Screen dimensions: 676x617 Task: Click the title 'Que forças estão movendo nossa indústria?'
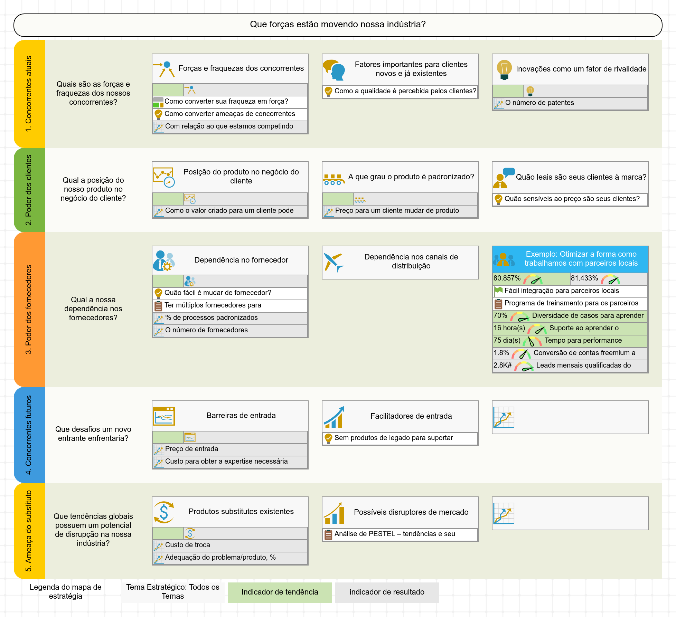click(338, 25)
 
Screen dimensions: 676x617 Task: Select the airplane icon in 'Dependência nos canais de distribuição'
click(334, 262)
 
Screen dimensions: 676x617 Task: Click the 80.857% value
click(507, 278)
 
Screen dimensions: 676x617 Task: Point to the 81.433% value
click(584, 278)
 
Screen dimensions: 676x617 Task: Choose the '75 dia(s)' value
click(507, 341)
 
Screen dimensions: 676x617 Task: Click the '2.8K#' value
click(503, 366)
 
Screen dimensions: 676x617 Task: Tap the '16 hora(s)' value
click(509, 328)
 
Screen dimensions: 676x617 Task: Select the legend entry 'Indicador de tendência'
click(280, 592)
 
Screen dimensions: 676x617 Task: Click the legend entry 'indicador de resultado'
click(387, 592)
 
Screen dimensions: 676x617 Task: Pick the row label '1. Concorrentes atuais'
click(29, 94)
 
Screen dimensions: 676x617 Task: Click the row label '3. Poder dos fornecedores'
click(29, 310)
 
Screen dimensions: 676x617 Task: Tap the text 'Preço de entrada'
click(192, 449)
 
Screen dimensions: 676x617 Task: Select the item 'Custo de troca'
click(188, 545)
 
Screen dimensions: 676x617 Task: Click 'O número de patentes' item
click(539, 103)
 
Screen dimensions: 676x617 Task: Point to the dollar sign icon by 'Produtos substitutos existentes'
click(164, 512)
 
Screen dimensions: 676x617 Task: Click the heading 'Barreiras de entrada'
click(241, 416)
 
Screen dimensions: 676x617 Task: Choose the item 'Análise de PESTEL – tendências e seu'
click(395, 534)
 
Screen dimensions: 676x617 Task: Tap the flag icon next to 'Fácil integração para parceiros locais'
click(498, 291)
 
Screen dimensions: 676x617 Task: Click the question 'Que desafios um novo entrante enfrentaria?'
click(93, 434)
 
